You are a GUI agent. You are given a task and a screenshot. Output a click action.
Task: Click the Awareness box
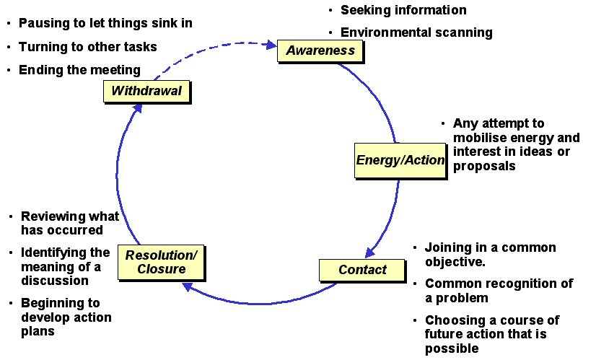tap(320, 51)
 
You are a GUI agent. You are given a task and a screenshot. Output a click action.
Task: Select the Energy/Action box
tap(401, 160)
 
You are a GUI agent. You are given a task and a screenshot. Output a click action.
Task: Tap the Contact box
tap(362, 270)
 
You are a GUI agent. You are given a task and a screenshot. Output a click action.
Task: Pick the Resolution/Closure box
tap(160, 262)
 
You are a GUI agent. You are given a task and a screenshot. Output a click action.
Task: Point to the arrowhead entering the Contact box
tap(369, 252)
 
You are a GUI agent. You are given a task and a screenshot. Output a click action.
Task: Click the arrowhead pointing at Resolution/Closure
tap(188, 287)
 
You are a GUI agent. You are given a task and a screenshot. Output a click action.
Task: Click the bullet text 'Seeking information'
tap(403, 10)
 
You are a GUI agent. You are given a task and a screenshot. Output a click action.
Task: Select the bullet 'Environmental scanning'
tap(416, 32)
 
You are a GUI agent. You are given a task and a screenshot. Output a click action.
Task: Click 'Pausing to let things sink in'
tap(105, 23)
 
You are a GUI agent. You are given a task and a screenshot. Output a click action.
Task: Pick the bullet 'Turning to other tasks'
tap(87, 46)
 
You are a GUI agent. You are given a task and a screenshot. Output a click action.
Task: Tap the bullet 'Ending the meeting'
tap(79, 70)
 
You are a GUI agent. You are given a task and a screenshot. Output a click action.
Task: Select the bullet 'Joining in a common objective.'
tap(490, 255)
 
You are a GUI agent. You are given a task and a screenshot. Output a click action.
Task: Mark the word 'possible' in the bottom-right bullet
tap(451, 348)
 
